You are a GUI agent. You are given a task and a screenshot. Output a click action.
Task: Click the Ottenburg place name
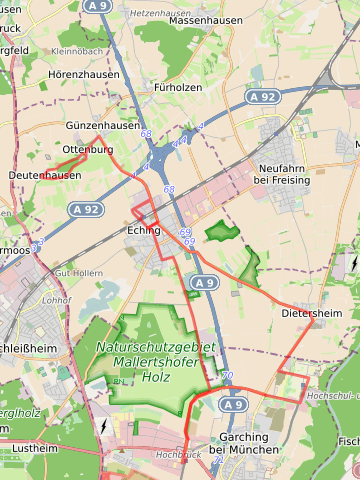[88, 149]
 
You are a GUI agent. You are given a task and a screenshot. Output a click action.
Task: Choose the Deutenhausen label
[44, 175]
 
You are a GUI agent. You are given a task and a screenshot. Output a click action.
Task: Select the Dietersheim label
[311, 313]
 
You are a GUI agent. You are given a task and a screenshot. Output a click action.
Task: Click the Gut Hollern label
[78, 272]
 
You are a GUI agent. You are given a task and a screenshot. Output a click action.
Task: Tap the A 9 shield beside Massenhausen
[98, 6]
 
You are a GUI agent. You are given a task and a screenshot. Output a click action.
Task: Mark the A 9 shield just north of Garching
[232, 404]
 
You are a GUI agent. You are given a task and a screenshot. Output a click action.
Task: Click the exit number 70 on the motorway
[227, 376]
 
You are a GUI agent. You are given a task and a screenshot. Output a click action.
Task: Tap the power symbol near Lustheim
[104, 426]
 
